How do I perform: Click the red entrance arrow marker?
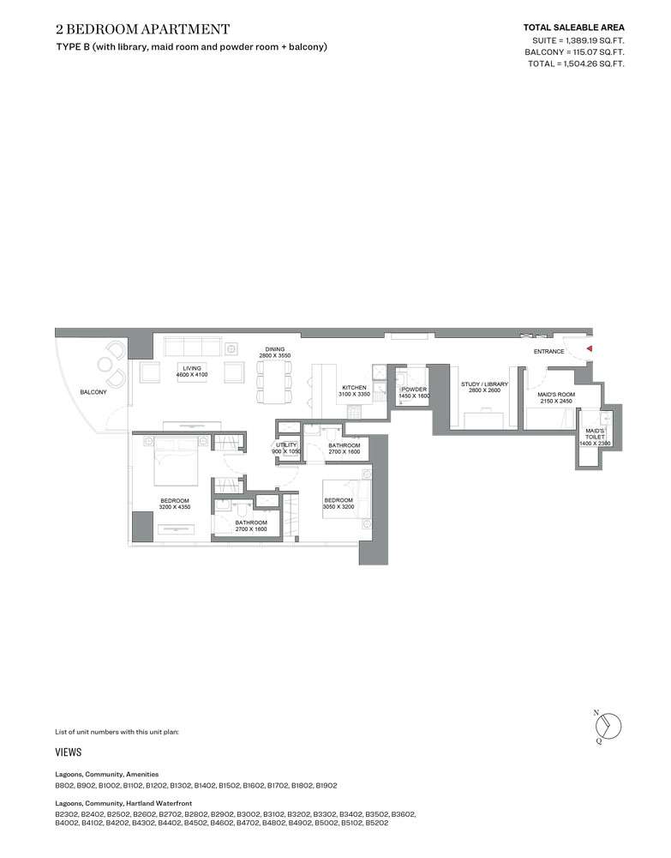point(590,348)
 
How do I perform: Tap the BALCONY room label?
point(93,392)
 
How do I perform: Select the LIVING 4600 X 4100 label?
point(192,372)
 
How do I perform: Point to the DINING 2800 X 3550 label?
point(275,353)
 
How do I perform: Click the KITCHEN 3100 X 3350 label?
point(354,390)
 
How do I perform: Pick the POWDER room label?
point(414,392)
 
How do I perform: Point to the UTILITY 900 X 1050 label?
point(286,448)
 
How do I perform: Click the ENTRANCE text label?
point(549,351)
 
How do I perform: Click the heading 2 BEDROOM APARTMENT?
point(142,29)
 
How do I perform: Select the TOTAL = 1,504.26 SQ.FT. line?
point(576,64)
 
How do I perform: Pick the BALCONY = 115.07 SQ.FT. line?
point(574,52)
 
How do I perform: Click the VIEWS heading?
point(69,752)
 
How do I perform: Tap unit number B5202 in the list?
point(377,823)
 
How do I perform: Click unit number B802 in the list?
point(64,785)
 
